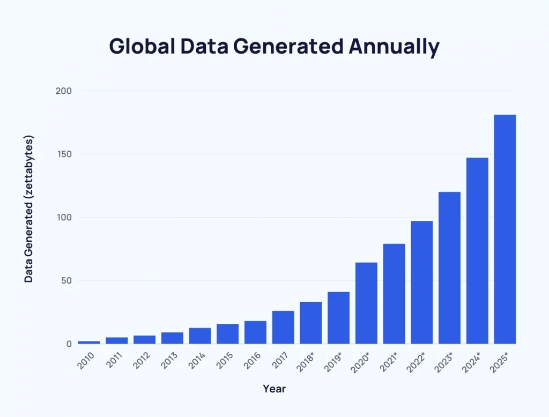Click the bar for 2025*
point(505,229)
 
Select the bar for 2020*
point(366,303)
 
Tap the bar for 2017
point(283,327)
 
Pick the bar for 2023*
point(449,267)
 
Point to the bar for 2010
point(89,342)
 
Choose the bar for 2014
point(200,336)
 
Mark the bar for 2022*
point(422,282)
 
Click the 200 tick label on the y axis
point(64,91)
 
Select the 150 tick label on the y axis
point(64,154)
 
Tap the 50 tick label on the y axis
point(66,281)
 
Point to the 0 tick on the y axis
point(69,344)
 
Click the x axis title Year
point(274,389)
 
